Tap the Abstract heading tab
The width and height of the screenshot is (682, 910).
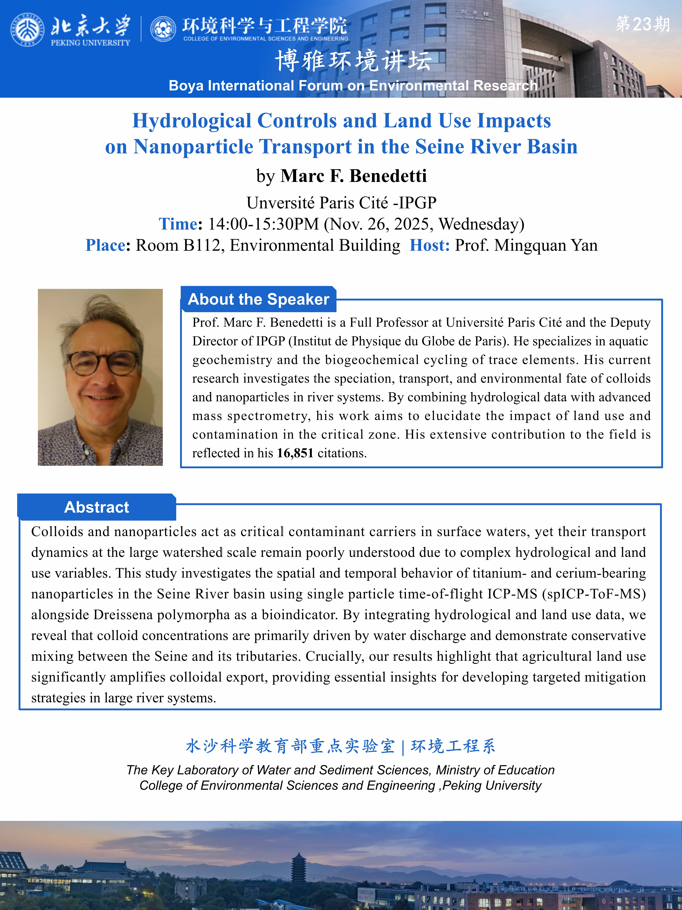point(97,507)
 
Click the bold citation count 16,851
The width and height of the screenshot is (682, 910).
point(295,453)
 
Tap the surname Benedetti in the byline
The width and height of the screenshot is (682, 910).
point(388,176)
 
